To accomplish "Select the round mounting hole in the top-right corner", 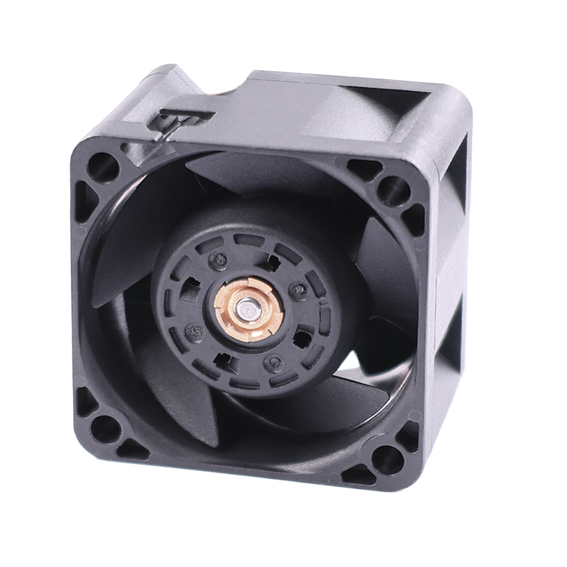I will pyautogui.click(x=393, y=189).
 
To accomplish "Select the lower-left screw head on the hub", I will pyautogui.click(x=194, y=329).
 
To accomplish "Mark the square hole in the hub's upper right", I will pyautogui.click(x=273, y=262).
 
